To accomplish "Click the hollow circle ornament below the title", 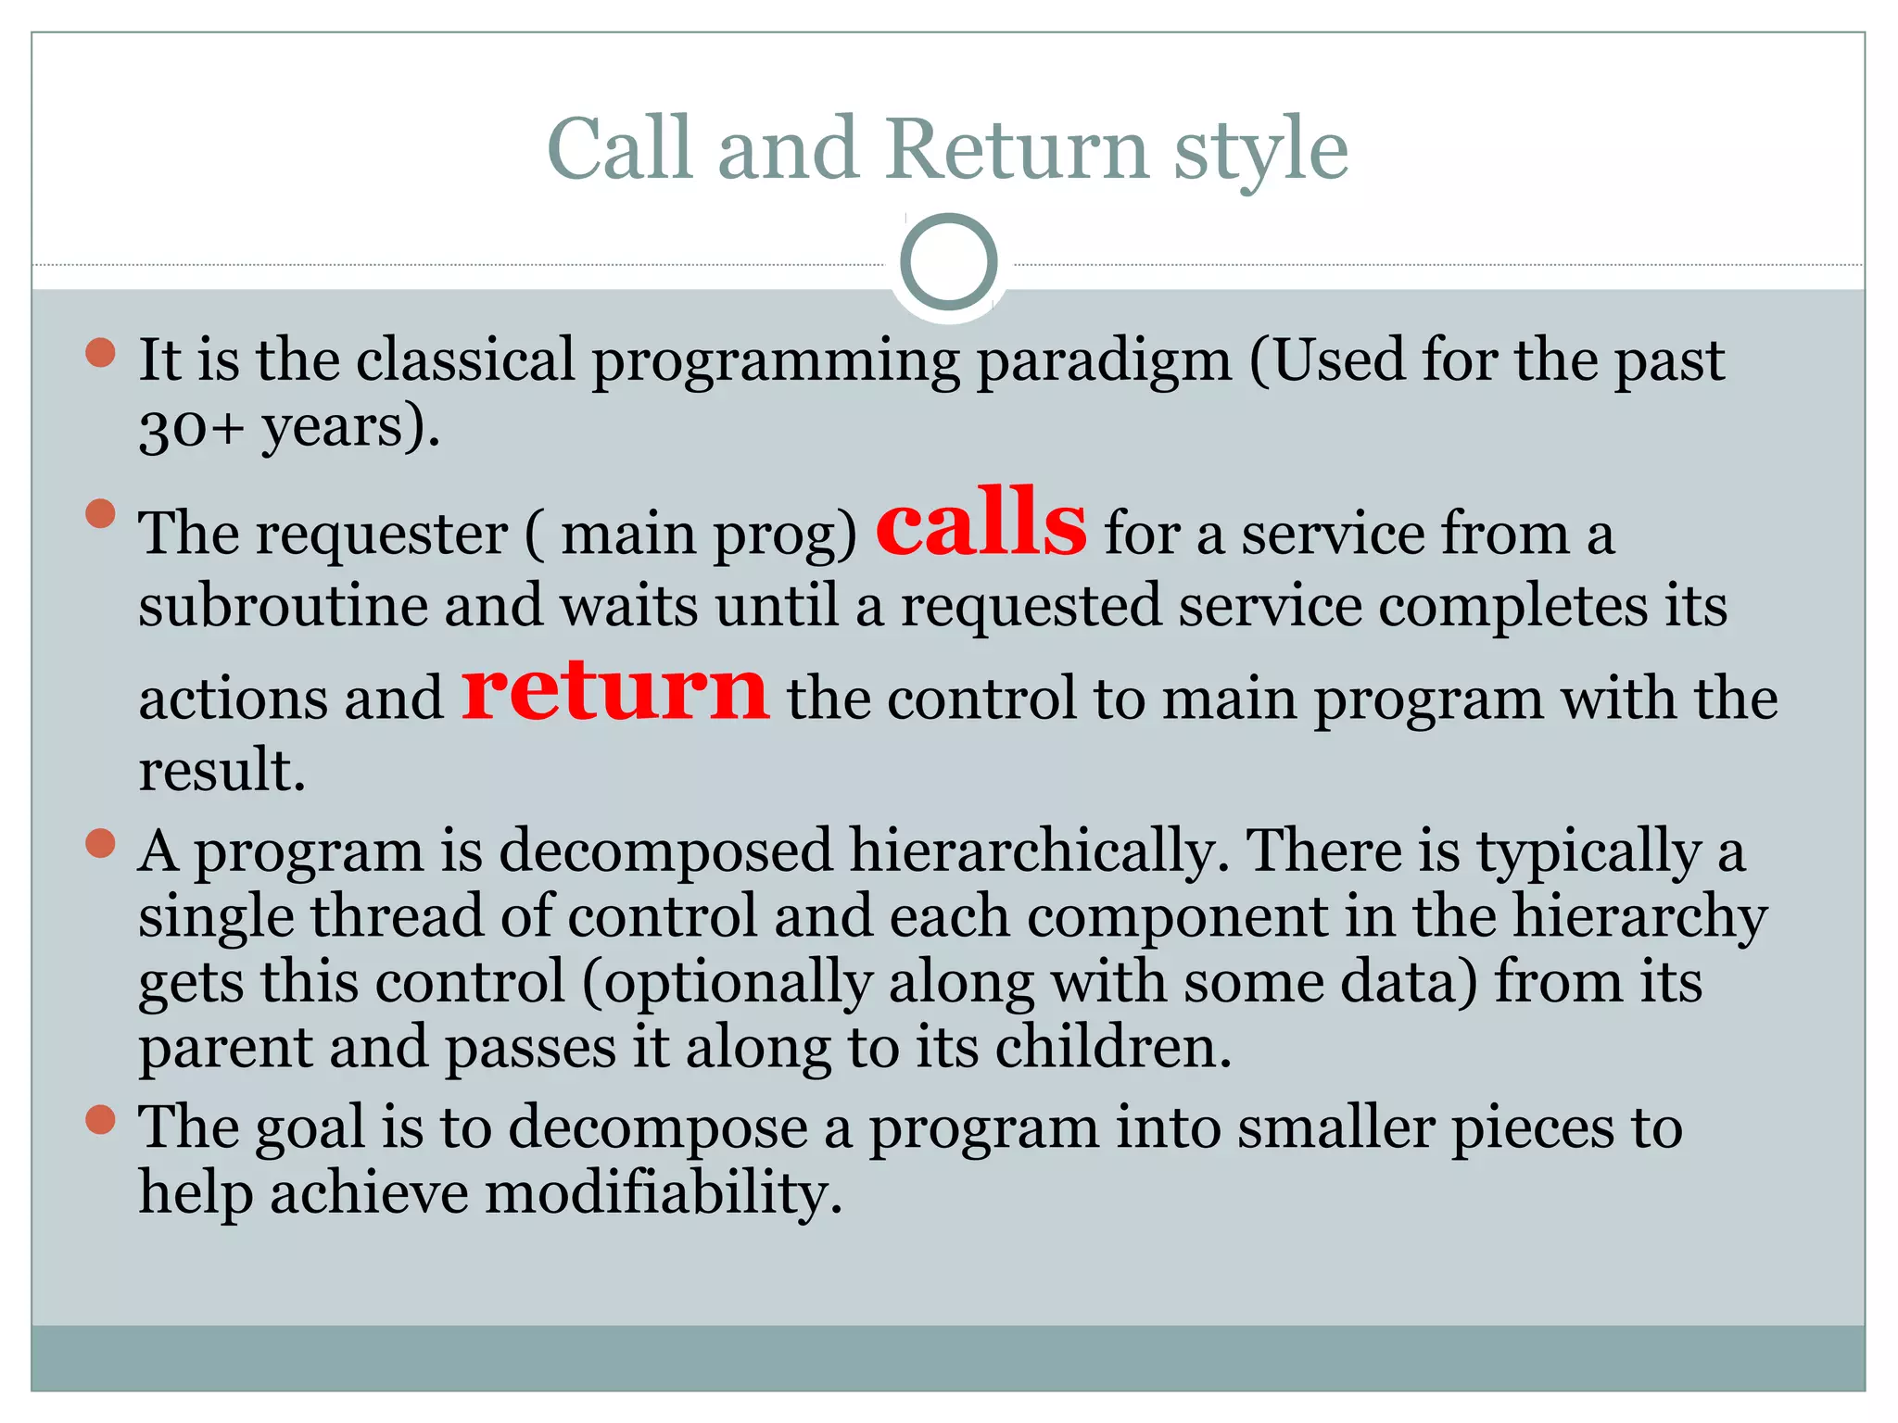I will point(948,262).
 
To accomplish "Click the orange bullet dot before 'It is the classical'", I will point(100,353).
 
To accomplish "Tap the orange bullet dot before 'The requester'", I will point(100,513).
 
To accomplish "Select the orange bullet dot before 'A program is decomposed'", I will point(100,844).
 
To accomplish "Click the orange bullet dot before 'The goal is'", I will point(100,1119).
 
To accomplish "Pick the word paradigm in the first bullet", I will point(1104,362).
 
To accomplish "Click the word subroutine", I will point(282,607).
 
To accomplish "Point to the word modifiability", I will point(664,1192).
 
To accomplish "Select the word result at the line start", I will point(221,771).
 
